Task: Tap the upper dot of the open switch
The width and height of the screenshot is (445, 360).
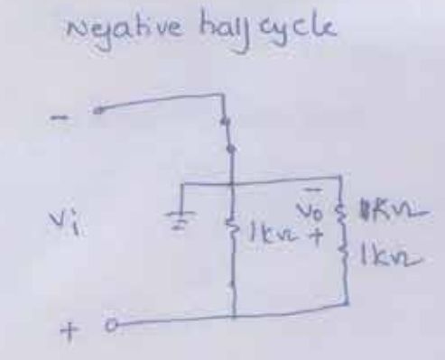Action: coord(227,119)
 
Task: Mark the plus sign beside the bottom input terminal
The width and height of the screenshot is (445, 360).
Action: coord(66,334)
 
